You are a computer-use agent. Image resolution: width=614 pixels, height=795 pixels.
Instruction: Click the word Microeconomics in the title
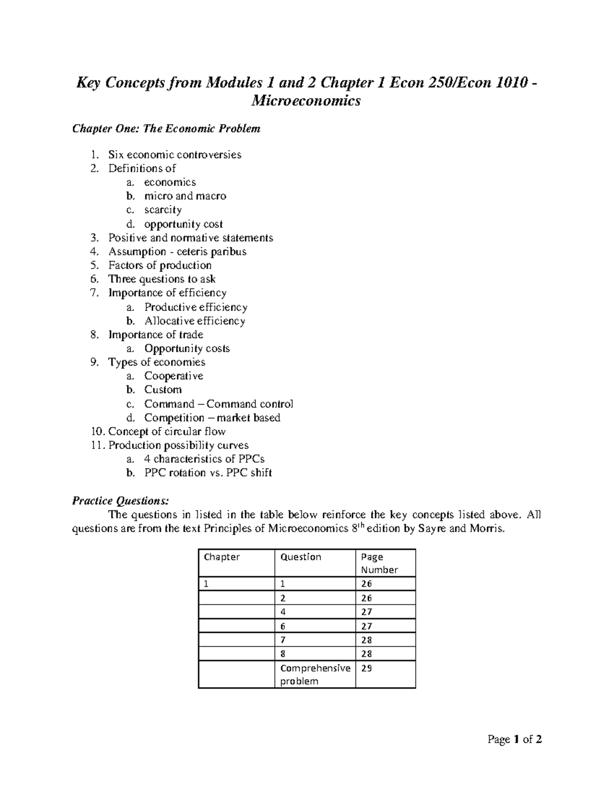tap(306, 101)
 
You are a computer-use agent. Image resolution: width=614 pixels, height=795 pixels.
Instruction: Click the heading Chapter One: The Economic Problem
tap(166, 128)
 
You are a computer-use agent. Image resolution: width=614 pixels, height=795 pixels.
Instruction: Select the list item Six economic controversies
tap(174, 155)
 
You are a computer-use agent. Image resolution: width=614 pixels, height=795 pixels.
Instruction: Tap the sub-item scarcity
tap(163, 210)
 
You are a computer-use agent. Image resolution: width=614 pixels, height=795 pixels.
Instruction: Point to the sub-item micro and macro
tap(185, 196)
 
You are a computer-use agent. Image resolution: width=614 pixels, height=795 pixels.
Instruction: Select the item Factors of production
tap(160, 265)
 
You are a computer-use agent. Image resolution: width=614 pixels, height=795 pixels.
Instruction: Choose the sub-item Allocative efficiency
tap(194, 321)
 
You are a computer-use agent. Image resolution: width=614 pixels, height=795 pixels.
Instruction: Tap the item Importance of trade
tap(156, 335)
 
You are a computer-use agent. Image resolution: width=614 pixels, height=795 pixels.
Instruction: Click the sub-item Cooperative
tap(173, 376)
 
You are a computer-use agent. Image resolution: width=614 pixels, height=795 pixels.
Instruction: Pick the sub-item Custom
tap(163, 390)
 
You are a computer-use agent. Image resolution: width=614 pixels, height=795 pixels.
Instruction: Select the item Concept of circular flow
tap(167, 432)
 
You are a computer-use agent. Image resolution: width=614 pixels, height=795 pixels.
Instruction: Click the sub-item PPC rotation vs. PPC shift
tap(208, 472)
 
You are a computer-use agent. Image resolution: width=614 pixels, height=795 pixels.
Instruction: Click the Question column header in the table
tap(301, 557)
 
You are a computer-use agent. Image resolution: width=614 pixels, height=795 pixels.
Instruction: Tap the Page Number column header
tap(379, 563)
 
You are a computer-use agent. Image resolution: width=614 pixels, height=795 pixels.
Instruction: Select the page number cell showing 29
tap(366, 668)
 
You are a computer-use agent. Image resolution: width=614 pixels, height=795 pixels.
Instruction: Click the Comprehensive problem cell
tap(315, 674)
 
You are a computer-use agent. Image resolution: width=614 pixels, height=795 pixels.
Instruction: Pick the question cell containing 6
tap(283, 626)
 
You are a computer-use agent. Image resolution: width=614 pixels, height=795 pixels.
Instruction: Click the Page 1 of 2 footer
tap(515, 739)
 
